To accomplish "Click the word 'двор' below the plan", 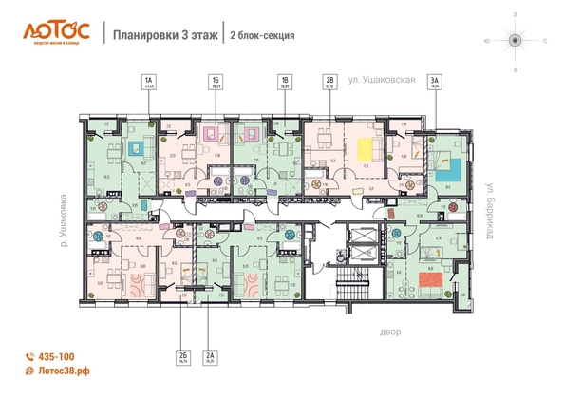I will point(391,332).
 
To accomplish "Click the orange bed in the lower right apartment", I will point(436,282).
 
